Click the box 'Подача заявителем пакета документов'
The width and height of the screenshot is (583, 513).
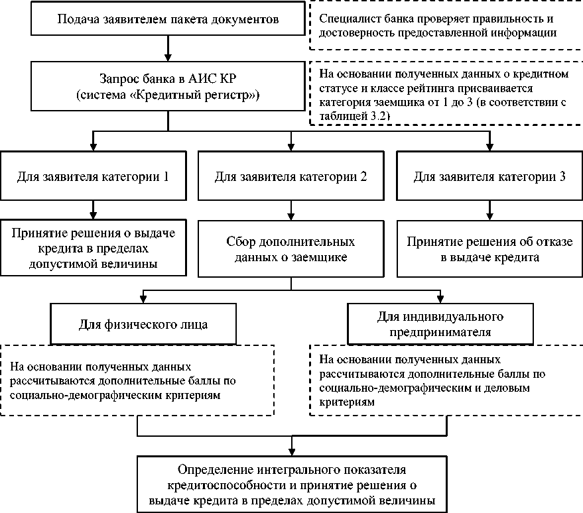pos(168,19)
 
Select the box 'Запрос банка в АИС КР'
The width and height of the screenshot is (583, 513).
pos(168,87)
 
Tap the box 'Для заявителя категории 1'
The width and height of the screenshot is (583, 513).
pos(93,178)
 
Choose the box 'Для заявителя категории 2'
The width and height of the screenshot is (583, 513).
pos(291,178)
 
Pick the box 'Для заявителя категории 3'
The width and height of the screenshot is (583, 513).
pos(489,178)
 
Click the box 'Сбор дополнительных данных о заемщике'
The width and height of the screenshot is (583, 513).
pos(291,248)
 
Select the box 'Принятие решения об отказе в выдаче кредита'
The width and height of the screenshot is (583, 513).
pos(489,248)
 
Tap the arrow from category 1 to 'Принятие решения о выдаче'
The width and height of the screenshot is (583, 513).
pos(93,209)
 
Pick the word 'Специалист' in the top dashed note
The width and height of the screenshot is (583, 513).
pos(345,19)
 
